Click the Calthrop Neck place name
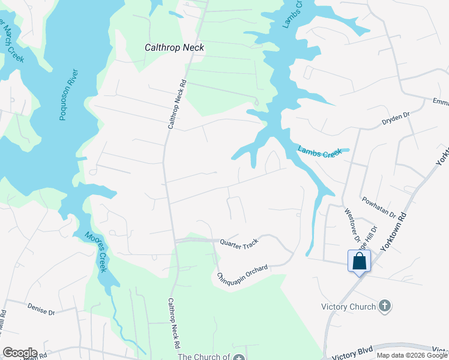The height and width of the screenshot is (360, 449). pyautogui.click(x=175, y=47)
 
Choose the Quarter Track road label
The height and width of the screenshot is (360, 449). pyautogui.click(x=239, y=242)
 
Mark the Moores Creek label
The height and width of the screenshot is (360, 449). pyautogui.click(x=95, y=252)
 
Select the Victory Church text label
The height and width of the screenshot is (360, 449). pyautogui.click(x=348, y=307)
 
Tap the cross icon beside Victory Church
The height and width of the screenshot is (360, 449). pyautogui.click(x=384, y=307)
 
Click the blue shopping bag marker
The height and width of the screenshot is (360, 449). pyautogui.click(x=359, y=261)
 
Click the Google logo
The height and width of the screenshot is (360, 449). pyautogui.click(x=20, y=353)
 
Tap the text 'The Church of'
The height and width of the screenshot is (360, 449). pyautogui.click(x=204, y=356)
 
